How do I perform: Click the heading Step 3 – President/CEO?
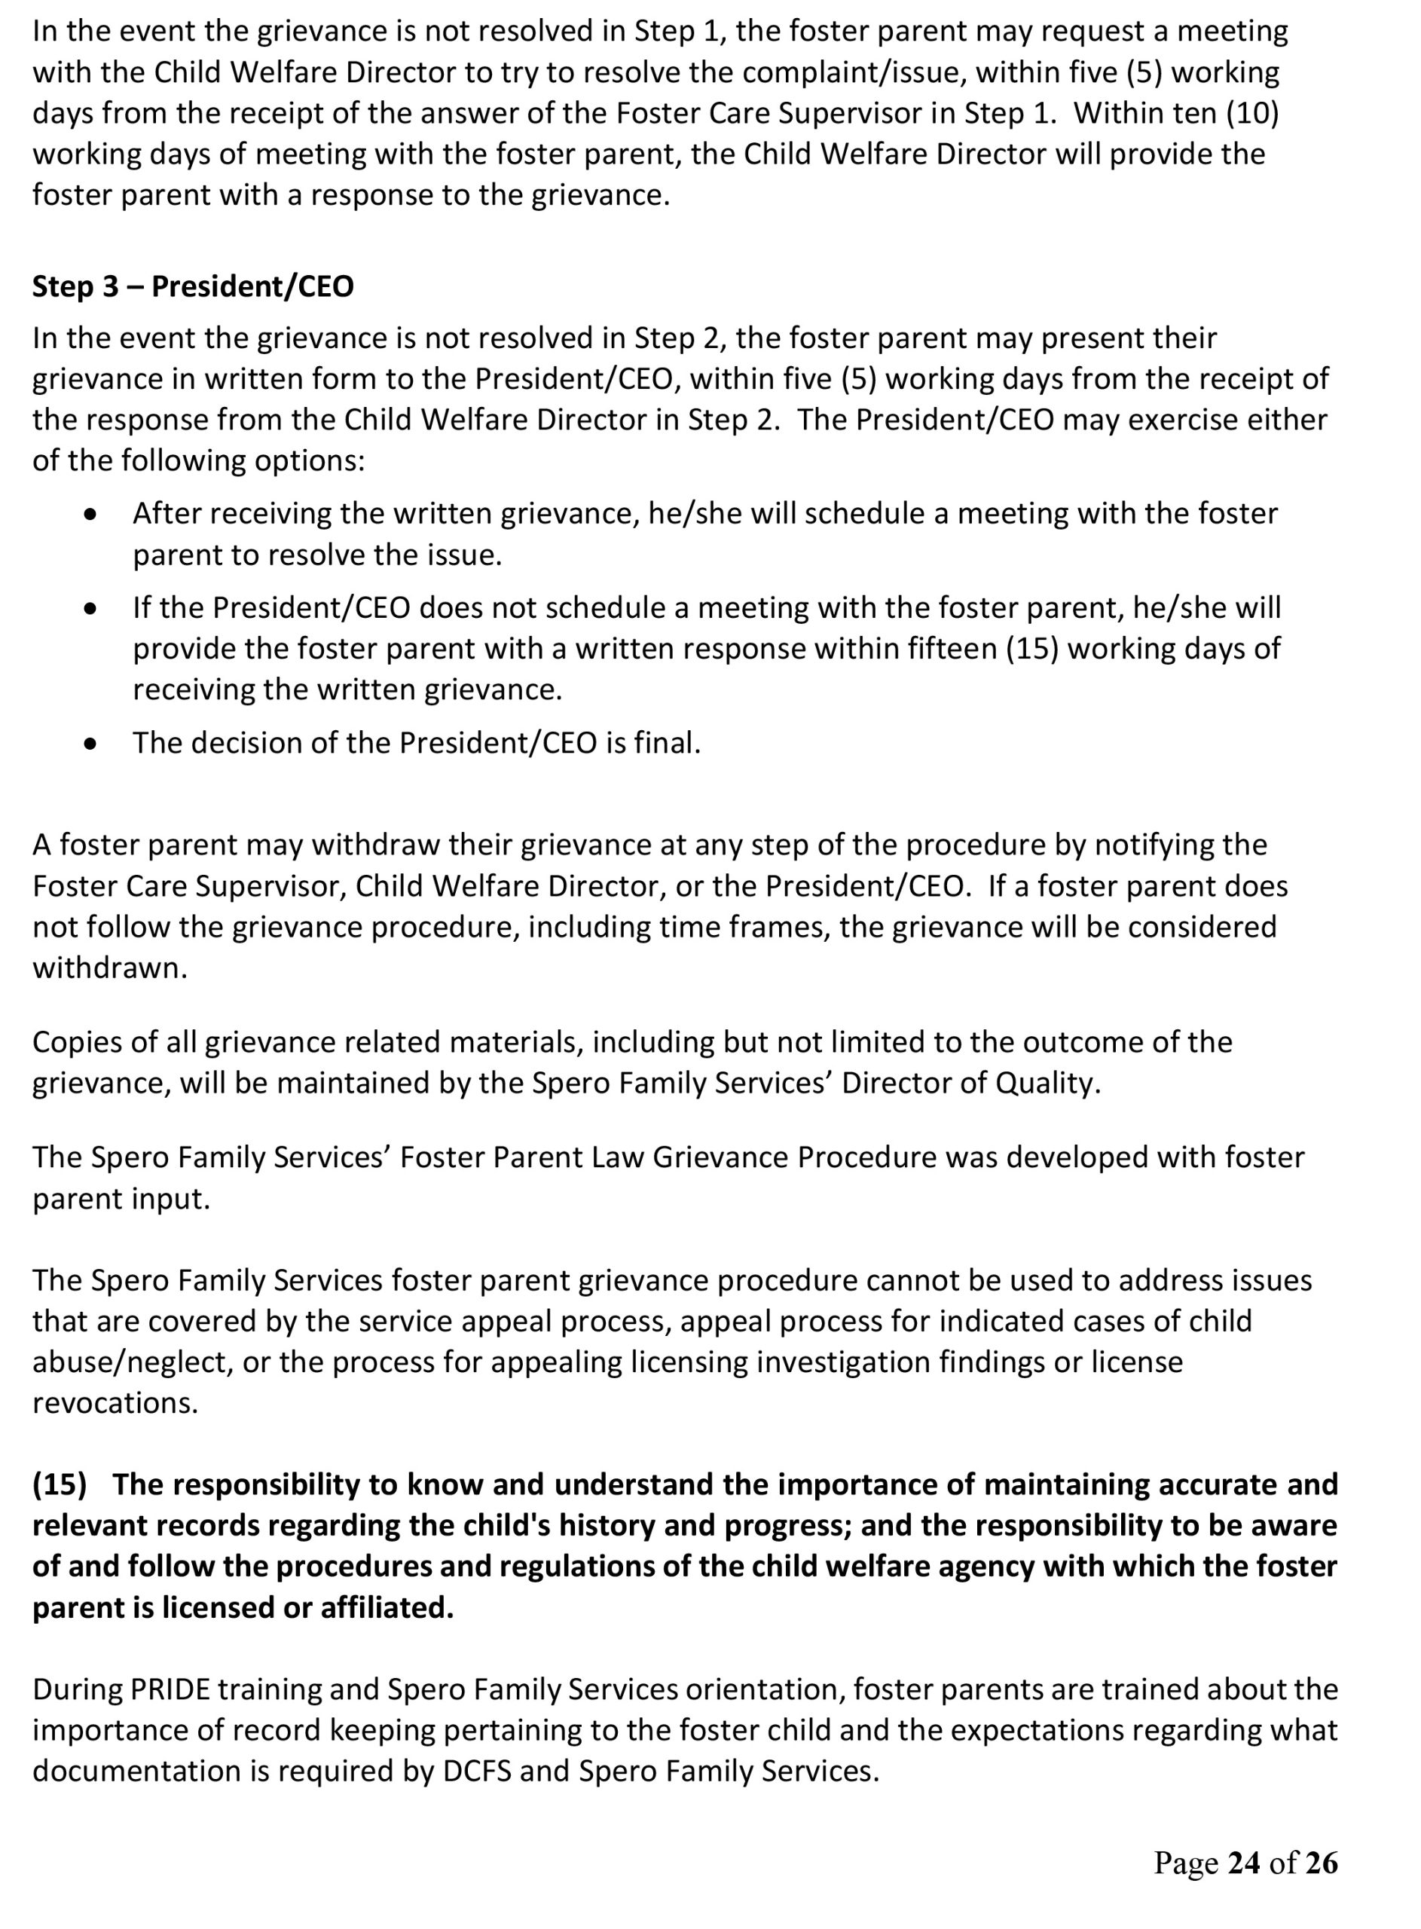point(193,286)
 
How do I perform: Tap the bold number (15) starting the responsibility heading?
point(60,1484)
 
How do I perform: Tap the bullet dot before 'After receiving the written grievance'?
point(90,515)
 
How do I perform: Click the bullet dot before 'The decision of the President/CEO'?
point(90,744)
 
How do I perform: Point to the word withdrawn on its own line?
point(109,968)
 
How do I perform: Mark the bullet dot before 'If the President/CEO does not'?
point(90,609)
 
